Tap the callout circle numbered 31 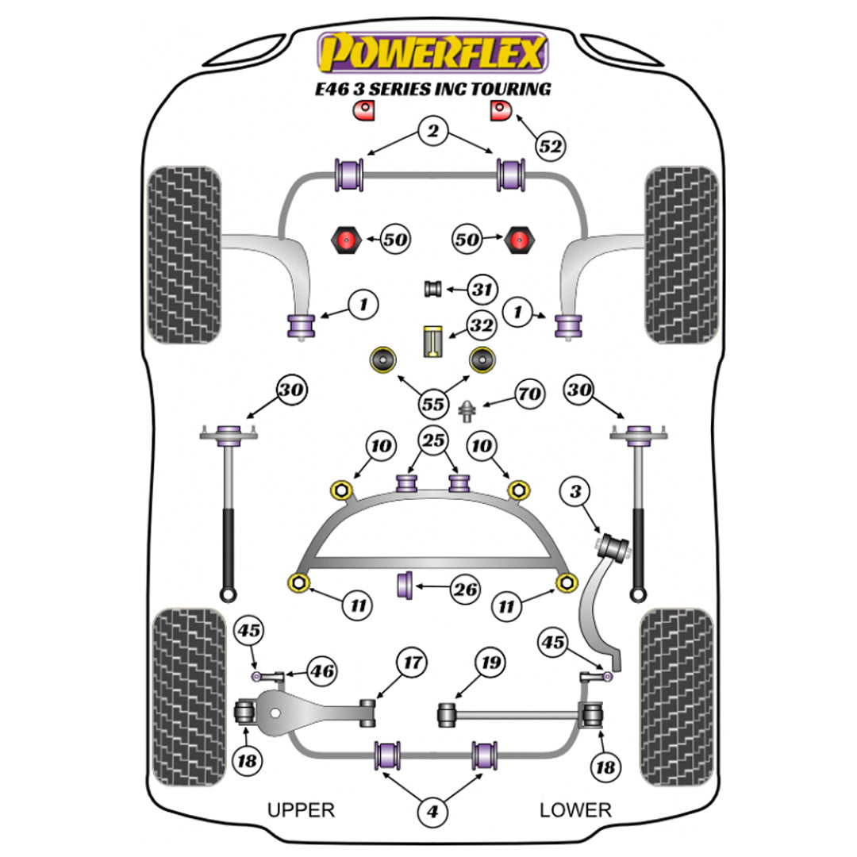(480, 290)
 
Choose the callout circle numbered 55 (432, 404)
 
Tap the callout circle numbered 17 (413, 662)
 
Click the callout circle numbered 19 (489, 662)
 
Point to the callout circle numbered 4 (432, 812)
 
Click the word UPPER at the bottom (301, 810)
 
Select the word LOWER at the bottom (575, 810)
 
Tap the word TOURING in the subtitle (509, 89)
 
